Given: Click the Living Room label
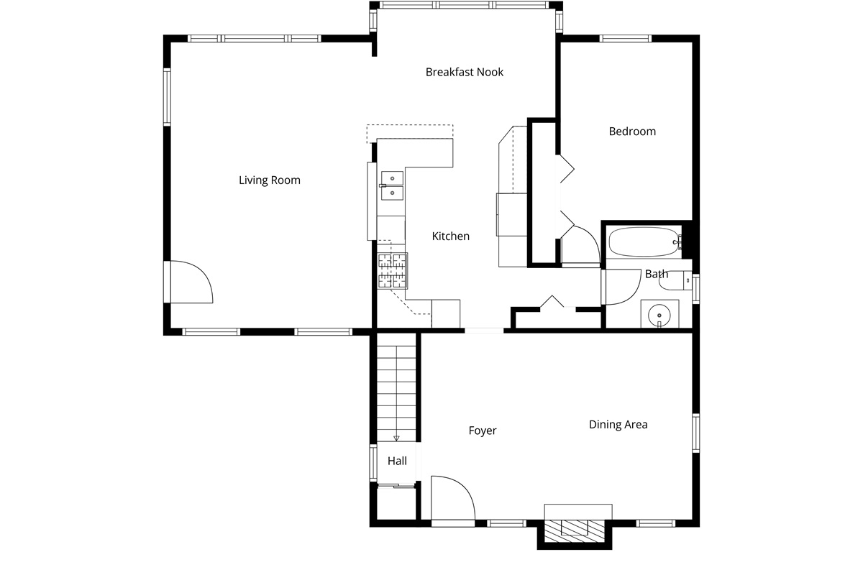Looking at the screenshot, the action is click(x=269, y=180).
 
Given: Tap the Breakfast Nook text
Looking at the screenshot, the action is click(x=465, y=72).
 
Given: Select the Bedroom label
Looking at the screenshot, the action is click(x=632, y=132).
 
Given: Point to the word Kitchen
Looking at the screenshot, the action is click(x=450, y=236).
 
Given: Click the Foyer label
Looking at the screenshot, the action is click(x=483, y=431).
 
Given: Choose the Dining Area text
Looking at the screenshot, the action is click(x=618, y=424).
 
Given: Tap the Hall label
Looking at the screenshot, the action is click(x=397, y=461).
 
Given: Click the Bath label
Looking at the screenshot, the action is click(x=656, y=274).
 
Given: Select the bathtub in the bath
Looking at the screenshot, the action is click(x=645, y=242).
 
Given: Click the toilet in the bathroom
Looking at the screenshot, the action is click(x=675, y=281).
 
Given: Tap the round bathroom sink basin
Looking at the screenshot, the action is click(x=659, y=316).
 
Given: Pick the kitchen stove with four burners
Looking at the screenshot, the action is click(x=392, y=271).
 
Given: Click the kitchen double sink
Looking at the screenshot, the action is click(x=392, y=185).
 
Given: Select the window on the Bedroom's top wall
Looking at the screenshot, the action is click(x=625, y=39).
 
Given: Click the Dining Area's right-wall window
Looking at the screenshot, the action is click(x=696, y=433).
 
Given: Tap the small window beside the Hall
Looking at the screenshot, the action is click(x=373, y=463).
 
